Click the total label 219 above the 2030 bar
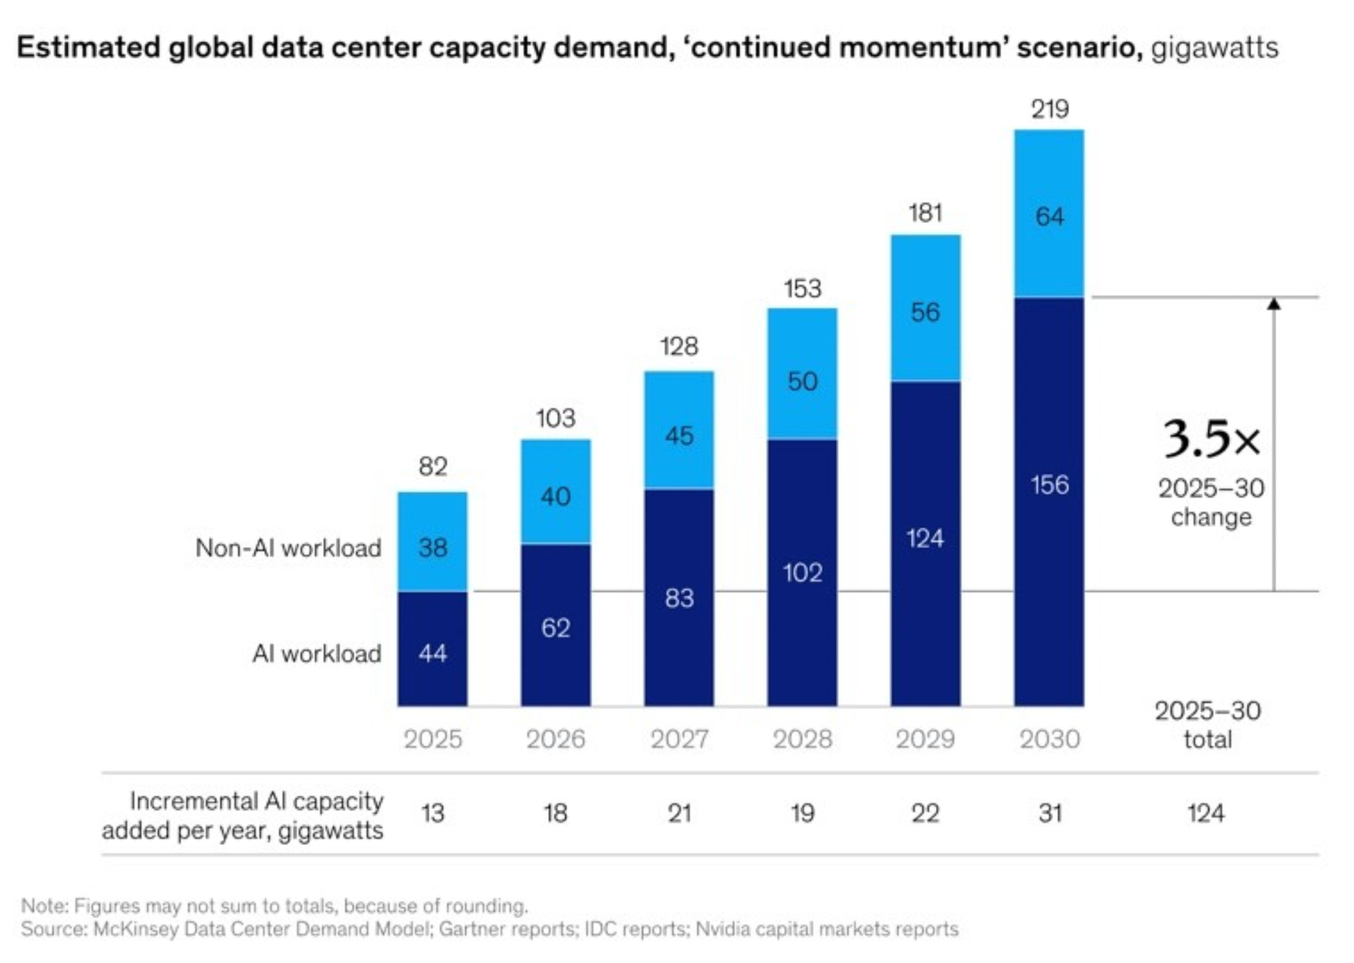pos(1049,109)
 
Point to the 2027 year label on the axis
pos(679,739)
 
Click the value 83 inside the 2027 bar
pos(679,598)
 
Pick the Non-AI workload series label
pos(288,548)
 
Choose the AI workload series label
pos(317,653)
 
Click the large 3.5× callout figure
pos(1211,438)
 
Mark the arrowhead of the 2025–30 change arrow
pos(1273,305)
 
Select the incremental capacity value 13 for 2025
pos(432,814)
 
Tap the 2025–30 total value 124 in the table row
pos(1205,814)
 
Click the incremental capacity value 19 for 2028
pos(802,814)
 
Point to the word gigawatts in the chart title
pos(1214,48)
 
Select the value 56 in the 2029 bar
pos(925,312)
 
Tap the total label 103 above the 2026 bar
pos(555,418)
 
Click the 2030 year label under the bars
pos(1049,739)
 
